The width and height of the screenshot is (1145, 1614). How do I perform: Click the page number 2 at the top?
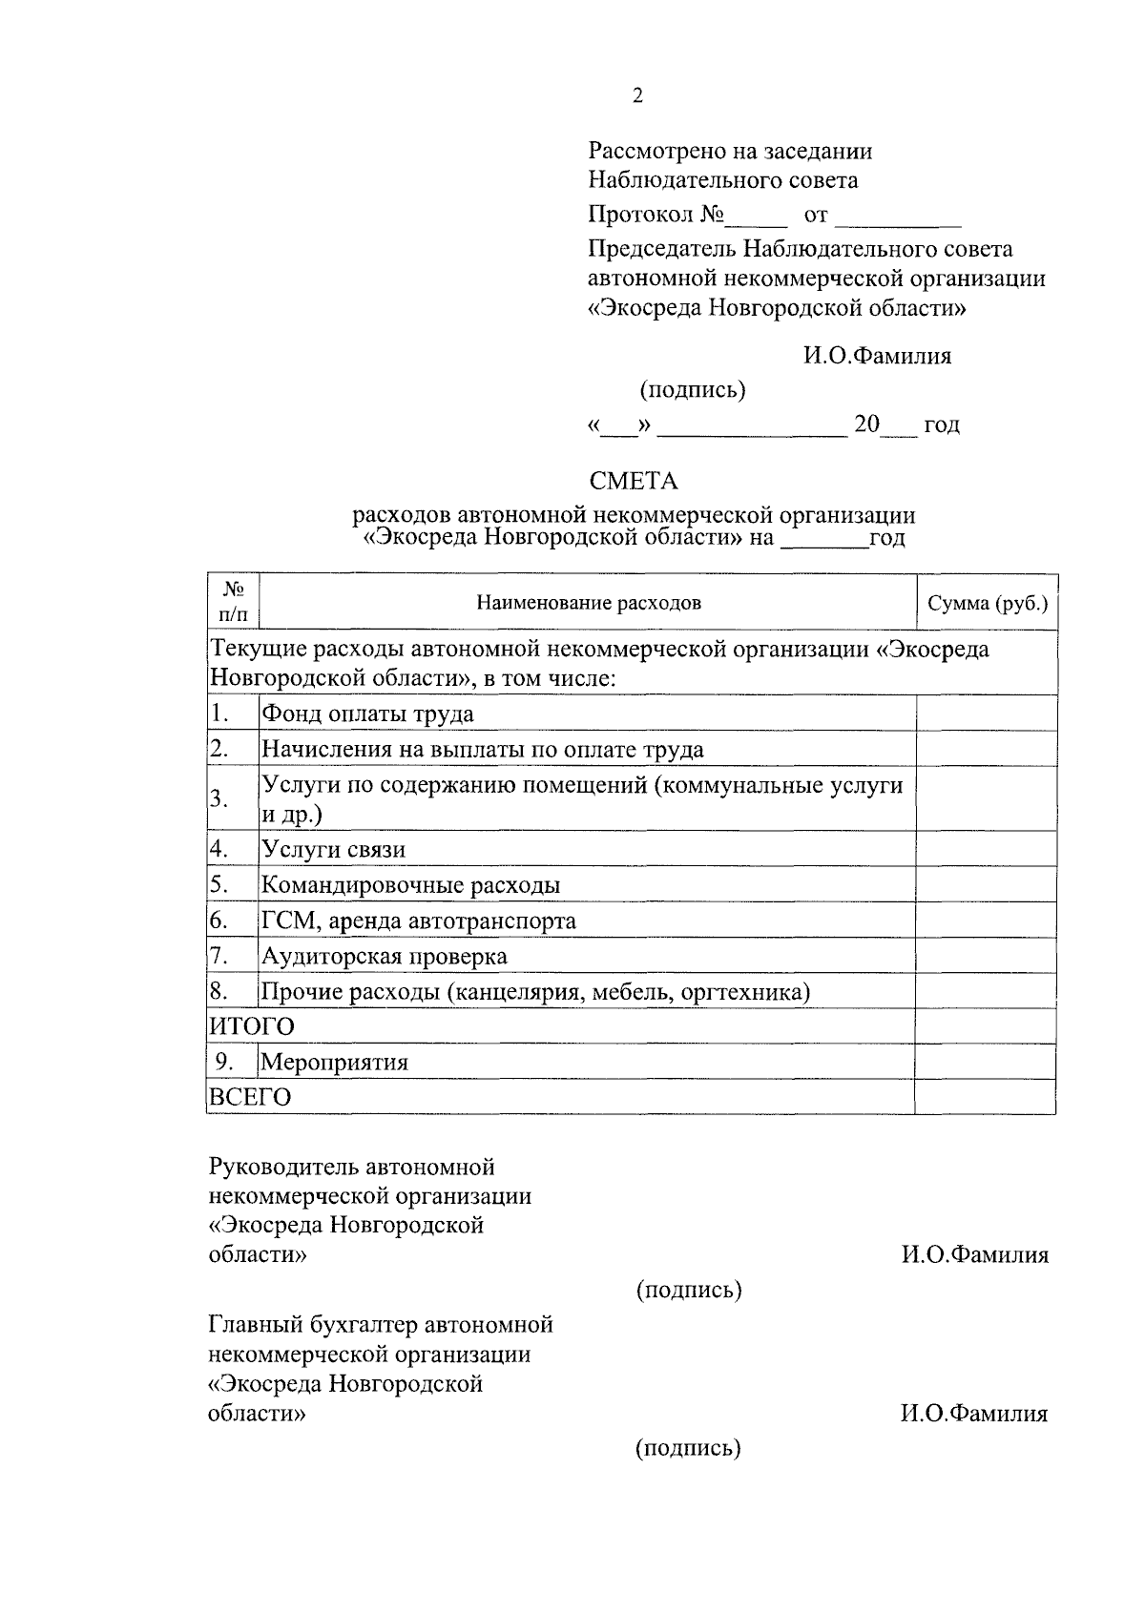pyautogui.click(x=637, y=95)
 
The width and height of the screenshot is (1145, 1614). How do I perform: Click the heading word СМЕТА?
pyautogui.click(x=634, y=481)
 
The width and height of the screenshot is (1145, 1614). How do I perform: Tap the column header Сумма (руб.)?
pyautogui.click(x=988, y=603)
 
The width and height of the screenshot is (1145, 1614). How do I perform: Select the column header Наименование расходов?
pyautogui.click(x=589, y=603)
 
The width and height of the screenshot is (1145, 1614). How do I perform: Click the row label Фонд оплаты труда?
pyautogui.click(x=368, y=714)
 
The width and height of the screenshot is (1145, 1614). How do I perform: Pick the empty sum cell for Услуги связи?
pyautogui.click(x=986, y=849)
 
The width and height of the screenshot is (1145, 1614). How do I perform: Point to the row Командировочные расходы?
pyautogui.click(x=411, y=885)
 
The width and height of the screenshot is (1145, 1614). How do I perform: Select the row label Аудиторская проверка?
pyautogui.click(x=385, y=956)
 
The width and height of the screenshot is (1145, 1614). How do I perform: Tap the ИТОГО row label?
pyautogui.click(x=252, y=1026)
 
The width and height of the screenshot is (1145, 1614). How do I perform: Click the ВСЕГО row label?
pyautogui.click(x=250, y=1097)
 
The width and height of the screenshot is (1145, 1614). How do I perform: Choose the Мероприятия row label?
pyautogui.click(x=335, y=1062)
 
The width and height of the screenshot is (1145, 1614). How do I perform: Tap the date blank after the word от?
pyautogui.click(x=898, y=217)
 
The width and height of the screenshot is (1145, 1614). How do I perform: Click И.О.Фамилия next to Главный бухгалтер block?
pyautogui.click(x=974, y=1414)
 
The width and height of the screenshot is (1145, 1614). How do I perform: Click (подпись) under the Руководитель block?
pyautogui.click(x=689, y=1290)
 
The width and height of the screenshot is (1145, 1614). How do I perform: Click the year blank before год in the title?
pyautogui.click(x=822, y=540)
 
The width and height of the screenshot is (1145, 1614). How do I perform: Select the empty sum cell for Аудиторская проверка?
pyautogui.click(x=986, y=956)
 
